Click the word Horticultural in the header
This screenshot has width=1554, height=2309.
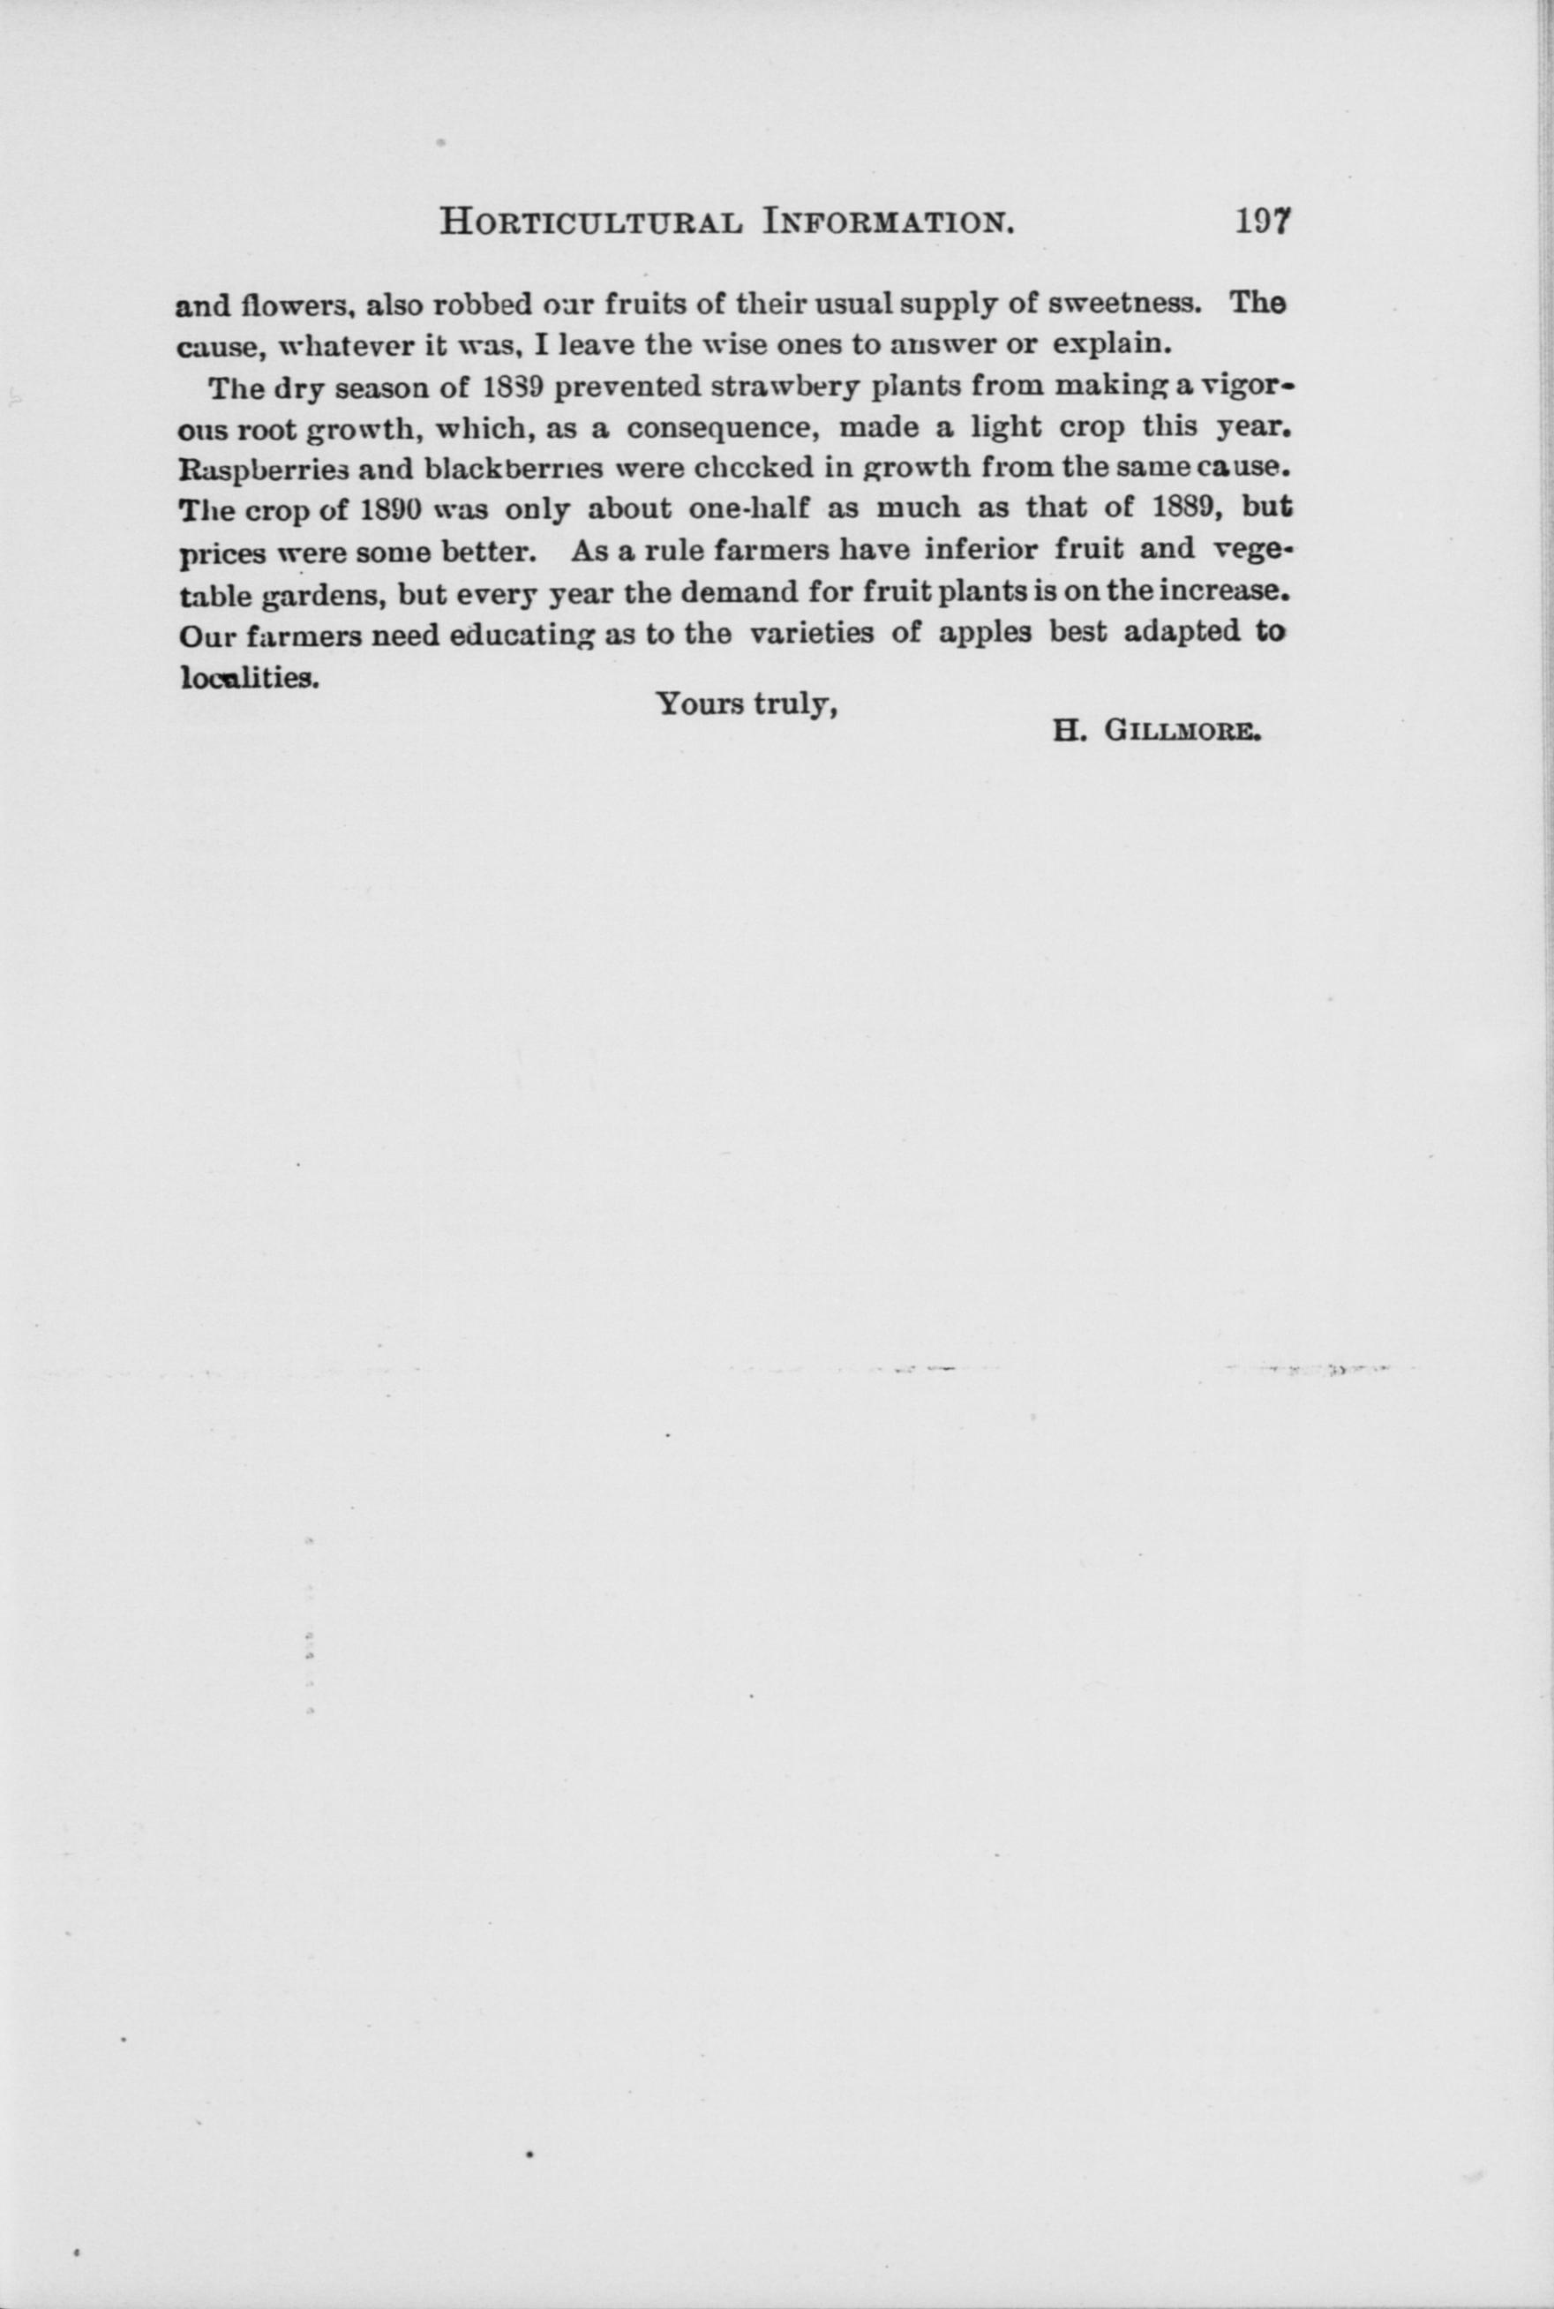tap(589, 221)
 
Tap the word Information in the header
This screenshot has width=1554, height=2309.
tap(887, 221)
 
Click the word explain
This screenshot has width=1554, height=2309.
tap(1112, 345)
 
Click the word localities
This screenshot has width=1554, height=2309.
tap(249, 676)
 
